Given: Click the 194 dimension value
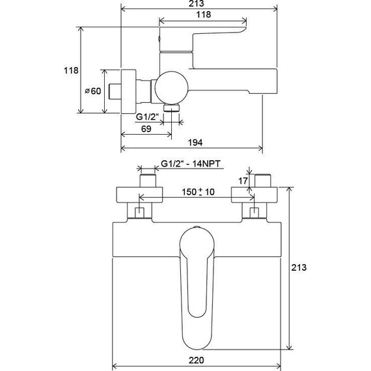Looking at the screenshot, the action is point(195,143).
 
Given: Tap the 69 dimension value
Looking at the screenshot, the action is point(146,129).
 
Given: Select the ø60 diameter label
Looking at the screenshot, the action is point(93,91).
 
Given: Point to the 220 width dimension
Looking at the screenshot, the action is point(196,360).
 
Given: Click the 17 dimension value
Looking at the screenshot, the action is point(243,181).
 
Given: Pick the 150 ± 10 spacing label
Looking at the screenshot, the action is point(198,191).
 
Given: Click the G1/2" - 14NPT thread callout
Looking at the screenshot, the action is point(191,163).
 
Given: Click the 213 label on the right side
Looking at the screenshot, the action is point(299,268).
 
